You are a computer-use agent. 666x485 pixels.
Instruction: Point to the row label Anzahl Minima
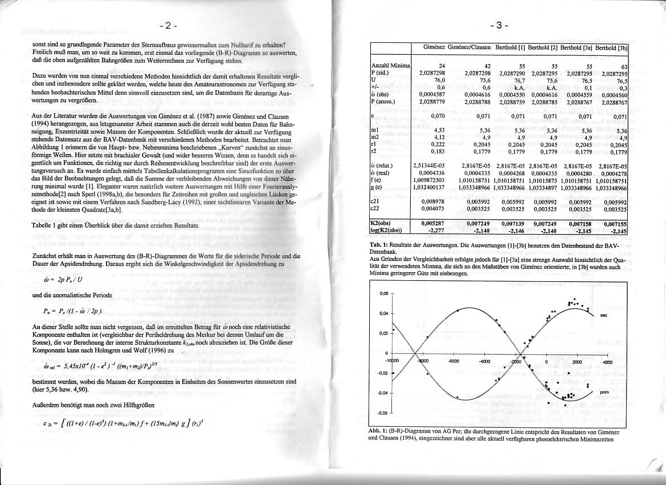[391, 67]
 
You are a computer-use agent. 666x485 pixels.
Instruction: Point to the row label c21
[376, 201]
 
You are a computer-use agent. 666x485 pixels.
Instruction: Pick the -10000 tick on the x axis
[392, 362]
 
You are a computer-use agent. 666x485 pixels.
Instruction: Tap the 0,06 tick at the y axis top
[383, 293]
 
